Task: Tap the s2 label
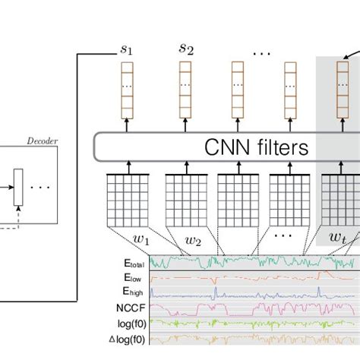[x=186, y=49]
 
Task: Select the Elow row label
[x=132, y=278]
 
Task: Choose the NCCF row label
[x=129, y=309]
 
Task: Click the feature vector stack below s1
[x=127, y=96]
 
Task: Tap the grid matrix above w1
[x=125, y=199]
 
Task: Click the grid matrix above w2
[x=185, y=199]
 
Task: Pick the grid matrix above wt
[x=339, y=199]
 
